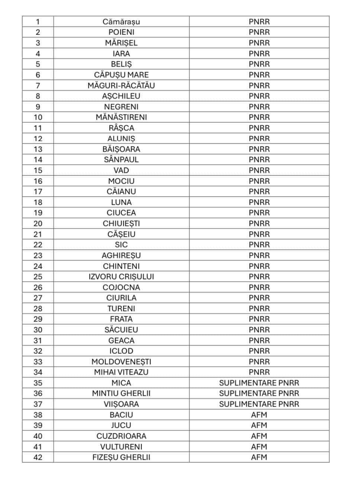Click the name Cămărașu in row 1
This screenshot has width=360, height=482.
(x=121, y=22)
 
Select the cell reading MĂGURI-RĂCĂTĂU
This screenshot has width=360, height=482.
(x=121, y=85)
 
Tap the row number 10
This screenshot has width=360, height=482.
(x=38, y=117)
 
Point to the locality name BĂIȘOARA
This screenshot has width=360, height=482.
(x=121, y=149)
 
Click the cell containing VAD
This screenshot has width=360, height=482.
(x=121, y=171)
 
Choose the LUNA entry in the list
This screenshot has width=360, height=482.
(x=121, y=203)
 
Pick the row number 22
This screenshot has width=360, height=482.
(x=38, y=245)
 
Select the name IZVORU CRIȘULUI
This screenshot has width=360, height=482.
(x=121, y=277)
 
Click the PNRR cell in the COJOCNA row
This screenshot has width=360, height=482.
(x=259, y=288)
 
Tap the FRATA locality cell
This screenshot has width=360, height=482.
(x=121, y=319)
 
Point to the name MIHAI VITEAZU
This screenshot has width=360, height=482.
(x=121, y=372)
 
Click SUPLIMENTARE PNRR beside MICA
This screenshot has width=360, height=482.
(x=259, y=383)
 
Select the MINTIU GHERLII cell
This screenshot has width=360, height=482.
(x=121, y=394)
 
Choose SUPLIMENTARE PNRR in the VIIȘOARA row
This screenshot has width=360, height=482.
(x=259, y=404)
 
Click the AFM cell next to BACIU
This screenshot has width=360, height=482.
(x=259, y=415)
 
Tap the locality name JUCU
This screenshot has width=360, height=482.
(x=121, y=426)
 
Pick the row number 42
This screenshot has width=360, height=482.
(x=38, y=457)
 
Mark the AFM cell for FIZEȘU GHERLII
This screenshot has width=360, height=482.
(x=259, y=457)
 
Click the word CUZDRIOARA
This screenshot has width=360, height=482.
(x=121, y=436)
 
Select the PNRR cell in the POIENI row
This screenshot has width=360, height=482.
(x=259, y=32)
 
